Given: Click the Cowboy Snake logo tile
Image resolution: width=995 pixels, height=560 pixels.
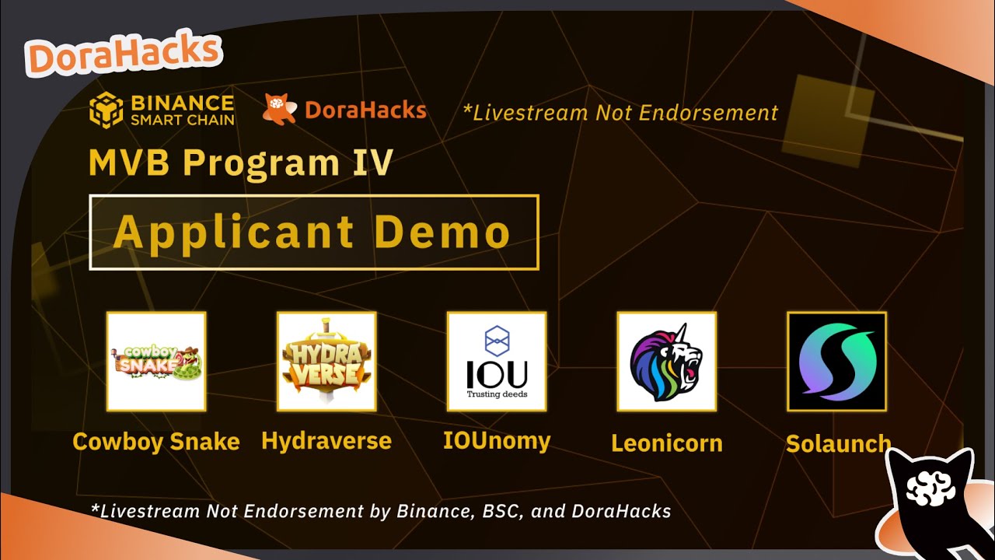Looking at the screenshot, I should pyautogui.click(x=155, y=361).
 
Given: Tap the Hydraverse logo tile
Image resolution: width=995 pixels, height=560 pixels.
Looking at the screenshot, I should pyautogui.click(x=326, y=361).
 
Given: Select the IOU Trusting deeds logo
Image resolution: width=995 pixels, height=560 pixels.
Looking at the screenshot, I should pyautogui.click(x=497, y=361).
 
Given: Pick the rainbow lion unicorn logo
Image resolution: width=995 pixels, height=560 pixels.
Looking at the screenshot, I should pyautogui.click(x=666, y=361).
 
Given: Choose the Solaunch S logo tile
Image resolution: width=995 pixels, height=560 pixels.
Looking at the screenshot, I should pyautogui.click(x=836, y=361).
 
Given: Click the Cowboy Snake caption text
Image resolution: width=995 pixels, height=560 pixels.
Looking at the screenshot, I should pyautogui.click(x=155, y=442).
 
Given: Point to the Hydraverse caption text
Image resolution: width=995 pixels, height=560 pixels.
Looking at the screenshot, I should pyautogui.click(x=326, y=441).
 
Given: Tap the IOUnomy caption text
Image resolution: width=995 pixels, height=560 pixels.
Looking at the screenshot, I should pyautogui.click(x=497, y=441).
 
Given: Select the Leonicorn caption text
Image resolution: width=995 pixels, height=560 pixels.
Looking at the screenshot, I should pyautogui.click(x=666, y=443).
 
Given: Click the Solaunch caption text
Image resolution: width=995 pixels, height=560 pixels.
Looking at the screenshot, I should pyautogui.click(x=837, y=443).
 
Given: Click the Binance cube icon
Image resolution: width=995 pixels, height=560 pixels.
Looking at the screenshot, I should pyautogui.click(x=106, y=110).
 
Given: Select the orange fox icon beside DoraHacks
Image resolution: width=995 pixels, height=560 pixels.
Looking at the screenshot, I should pyautogui.click(x=279, y=110).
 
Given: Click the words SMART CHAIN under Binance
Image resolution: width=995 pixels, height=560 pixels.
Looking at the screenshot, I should pyautogui.click(x=182, y=120).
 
